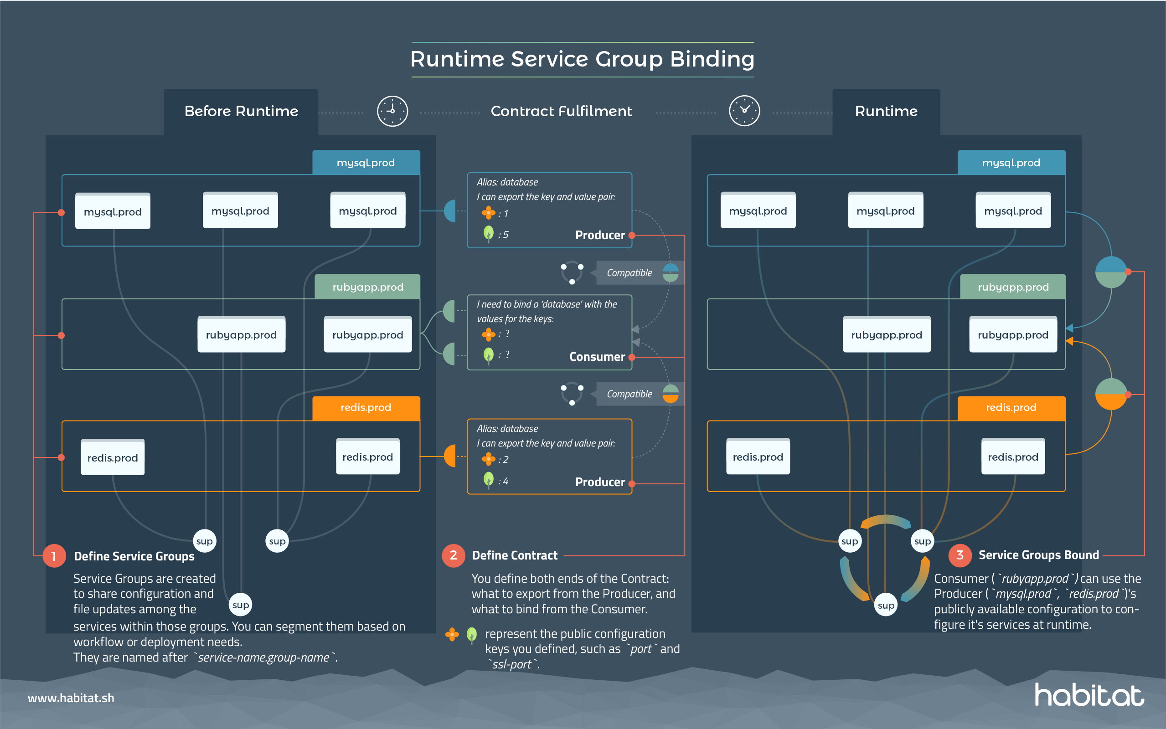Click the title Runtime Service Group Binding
(582, 59)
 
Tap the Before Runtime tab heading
(241, 111)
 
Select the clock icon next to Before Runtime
(392, 111)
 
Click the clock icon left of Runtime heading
(744, 111)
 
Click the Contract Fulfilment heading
(561, 111)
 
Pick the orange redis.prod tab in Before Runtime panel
(366, 408)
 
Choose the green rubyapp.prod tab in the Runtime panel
(1013, 287)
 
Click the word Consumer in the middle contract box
(597, 357)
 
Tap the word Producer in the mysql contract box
(599, 235)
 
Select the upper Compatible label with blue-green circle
(629, 273)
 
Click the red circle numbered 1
(54, 556)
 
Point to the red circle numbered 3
(959, 555)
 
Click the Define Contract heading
(515, 555)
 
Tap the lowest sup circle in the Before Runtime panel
(240, 605)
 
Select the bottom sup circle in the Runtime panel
(885, 606)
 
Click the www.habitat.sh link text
(71, 698)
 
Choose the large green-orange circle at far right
(1110, 394)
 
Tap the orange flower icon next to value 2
(488, 459)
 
